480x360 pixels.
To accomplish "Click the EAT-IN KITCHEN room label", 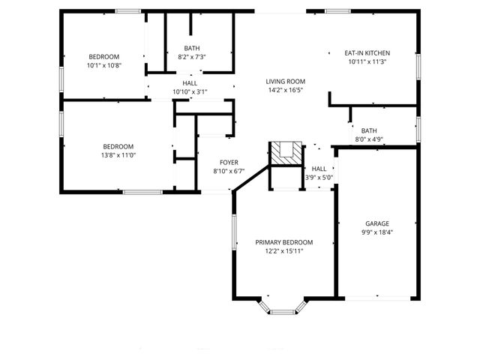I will (x=367, y=53).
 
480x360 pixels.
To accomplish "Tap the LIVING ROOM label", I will (x=285, y=81).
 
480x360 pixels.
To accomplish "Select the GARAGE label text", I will (x=377, y=223).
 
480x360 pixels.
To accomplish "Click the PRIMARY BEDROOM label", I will (x=283, y=242).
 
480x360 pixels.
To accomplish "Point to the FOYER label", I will (x=229, y=162).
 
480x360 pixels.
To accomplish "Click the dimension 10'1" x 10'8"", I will (x=103, y=65).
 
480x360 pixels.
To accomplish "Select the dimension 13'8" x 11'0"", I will (x=118, y=154).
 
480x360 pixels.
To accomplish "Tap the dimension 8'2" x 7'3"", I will (x=192, y=56).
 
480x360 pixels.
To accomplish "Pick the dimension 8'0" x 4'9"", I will (x=369, y=139).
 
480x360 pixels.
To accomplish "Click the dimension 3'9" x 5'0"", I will (x=319, y=178).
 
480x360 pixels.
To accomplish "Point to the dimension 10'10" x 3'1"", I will (x=190, y=91).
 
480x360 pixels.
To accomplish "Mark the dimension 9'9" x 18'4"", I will (x=377, y=232).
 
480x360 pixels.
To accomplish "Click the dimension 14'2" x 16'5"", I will (x=285, y=90).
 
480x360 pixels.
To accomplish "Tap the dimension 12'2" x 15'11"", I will (x=283, y=251).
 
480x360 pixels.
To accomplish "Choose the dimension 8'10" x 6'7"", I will (x=229, y=171).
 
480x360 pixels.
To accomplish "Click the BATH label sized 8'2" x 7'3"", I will (x=192, y=47).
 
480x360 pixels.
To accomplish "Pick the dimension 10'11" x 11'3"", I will (x=367, y=62).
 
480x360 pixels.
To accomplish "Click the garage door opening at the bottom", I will (x=377, y=299).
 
